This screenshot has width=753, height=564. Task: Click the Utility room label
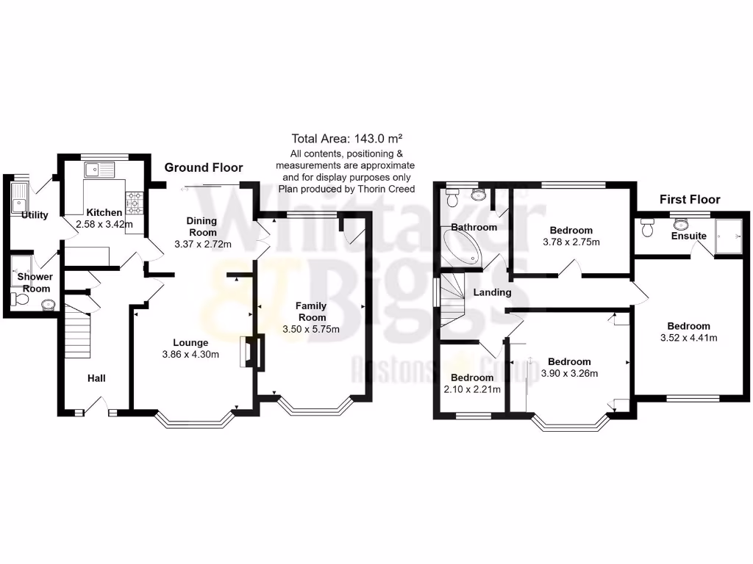(x=35, y=215)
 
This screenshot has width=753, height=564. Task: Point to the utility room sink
(x=19, y=196)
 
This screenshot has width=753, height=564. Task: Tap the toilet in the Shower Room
(x=16, y=298)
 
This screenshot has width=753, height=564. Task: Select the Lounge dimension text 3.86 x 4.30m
(x=190, y=355)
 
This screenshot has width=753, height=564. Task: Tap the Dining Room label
(x=201, y=226)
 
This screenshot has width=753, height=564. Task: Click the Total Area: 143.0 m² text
(x=347, y=138)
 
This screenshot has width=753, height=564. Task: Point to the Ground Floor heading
(x=203, y=167)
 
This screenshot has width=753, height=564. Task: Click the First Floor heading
(x=689, y=199)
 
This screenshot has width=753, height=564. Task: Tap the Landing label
(x=492, y=292)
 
